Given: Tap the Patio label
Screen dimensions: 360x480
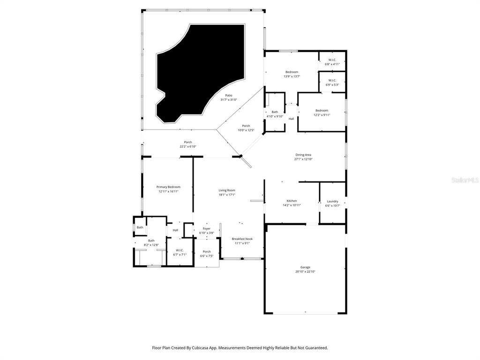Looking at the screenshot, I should (x=228, y=95).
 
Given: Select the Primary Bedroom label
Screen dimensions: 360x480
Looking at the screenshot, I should (x=168, y=187).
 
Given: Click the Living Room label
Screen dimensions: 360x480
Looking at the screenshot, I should (x=227, y=190).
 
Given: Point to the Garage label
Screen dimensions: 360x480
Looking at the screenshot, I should (x=305, y=267).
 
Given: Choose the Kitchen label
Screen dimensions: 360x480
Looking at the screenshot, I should (x=292, y=201).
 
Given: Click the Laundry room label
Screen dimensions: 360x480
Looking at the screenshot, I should (x=332, y=201).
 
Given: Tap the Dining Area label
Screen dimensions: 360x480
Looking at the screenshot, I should (x=303, y=155).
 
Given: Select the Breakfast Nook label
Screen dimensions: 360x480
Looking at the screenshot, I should (x=242, y=239).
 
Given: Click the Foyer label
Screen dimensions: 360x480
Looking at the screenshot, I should (x=206, y=228).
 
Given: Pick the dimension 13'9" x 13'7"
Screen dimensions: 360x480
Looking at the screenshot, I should (x=292, y=76).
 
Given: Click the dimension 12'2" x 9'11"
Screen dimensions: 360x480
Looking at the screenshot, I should (x=322, y=115).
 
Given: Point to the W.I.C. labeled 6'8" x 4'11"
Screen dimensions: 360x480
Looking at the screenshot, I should (x=332, y=60).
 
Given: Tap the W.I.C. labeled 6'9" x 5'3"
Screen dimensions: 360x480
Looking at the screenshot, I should (x=332, y=80).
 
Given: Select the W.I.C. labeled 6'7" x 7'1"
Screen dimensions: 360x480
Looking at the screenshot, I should (x=180, y=250).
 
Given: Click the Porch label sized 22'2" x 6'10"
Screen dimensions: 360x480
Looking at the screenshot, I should (x=187, y=142).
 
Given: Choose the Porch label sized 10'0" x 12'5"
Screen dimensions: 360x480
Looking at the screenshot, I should (x=246, y=126).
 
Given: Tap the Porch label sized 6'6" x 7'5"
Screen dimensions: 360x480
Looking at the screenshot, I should (x=206, y=252).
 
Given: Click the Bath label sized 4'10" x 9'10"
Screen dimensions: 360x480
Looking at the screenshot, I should (x=275, y=112).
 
